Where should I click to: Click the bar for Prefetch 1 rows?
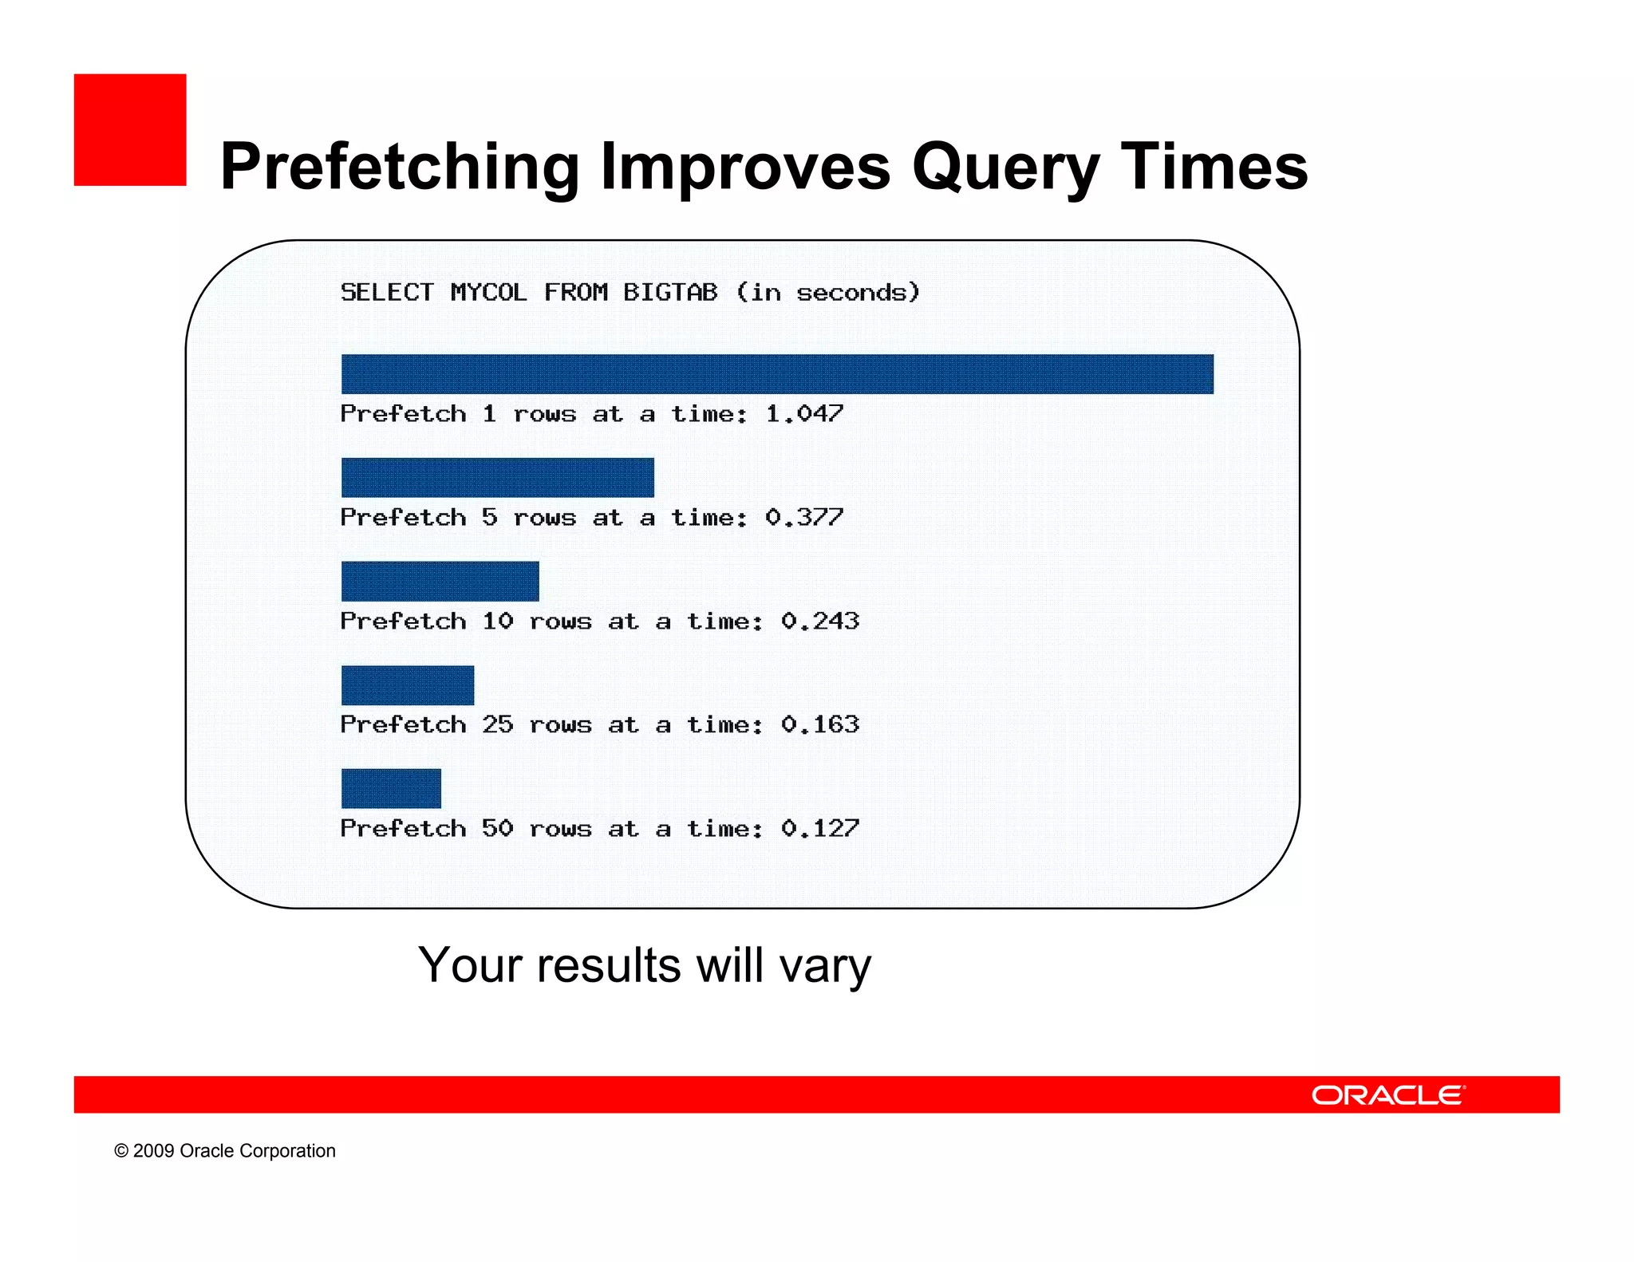click(777, 374)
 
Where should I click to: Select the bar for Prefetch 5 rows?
click(497, 477)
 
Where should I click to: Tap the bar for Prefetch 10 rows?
click(440, 581)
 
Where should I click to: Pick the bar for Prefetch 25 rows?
click(407, 685)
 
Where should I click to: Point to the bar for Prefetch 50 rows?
click(391, 788)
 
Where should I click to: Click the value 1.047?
click(804, 413)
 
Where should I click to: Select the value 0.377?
click(804, 517)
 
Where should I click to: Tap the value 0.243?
click(820, 621)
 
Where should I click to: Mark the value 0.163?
click(820, 724)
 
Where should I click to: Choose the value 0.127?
click(820, 828)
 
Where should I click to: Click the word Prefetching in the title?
click(399, 168)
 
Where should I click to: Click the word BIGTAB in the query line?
click(670, 292)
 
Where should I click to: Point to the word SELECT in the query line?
click(387, 292)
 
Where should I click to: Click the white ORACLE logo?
click(1388, 1094)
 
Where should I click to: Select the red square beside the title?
click(130, 130)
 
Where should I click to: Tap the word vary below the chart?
click(825, 966)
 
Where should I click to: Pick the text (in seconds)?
click(828, 292)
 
